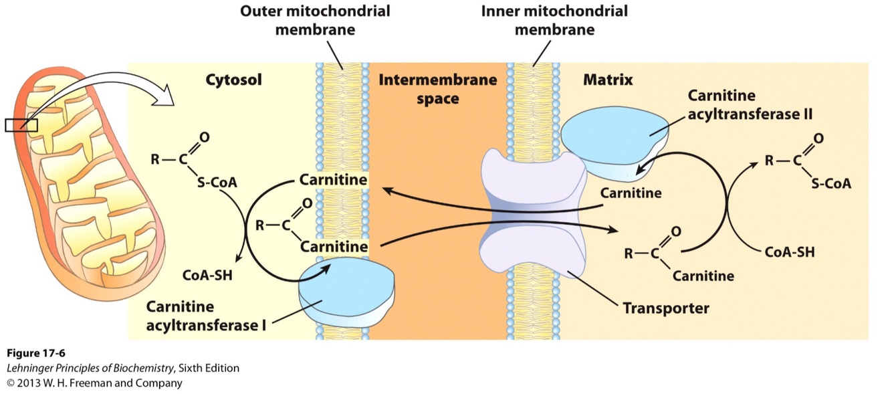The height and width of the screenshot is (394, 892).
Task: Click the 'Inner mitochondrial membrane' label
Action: pos(554,20)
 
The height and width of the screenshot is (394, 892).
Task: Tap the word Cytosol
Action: pos(233,80)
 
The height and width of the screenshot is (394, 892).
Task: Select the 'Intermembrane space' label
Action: pos(438,89)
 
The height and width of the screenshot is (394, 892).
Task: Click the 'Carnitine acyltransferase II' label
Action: pos(750,105)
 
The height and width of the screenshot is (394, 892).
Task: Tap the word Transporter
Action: pos(665,308)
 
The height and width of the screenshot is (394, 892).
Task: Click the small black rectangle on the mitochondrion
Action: pos(21,125)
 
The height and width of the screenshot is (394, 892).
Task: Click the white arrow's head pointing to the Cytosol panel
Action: pos(164,100)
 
